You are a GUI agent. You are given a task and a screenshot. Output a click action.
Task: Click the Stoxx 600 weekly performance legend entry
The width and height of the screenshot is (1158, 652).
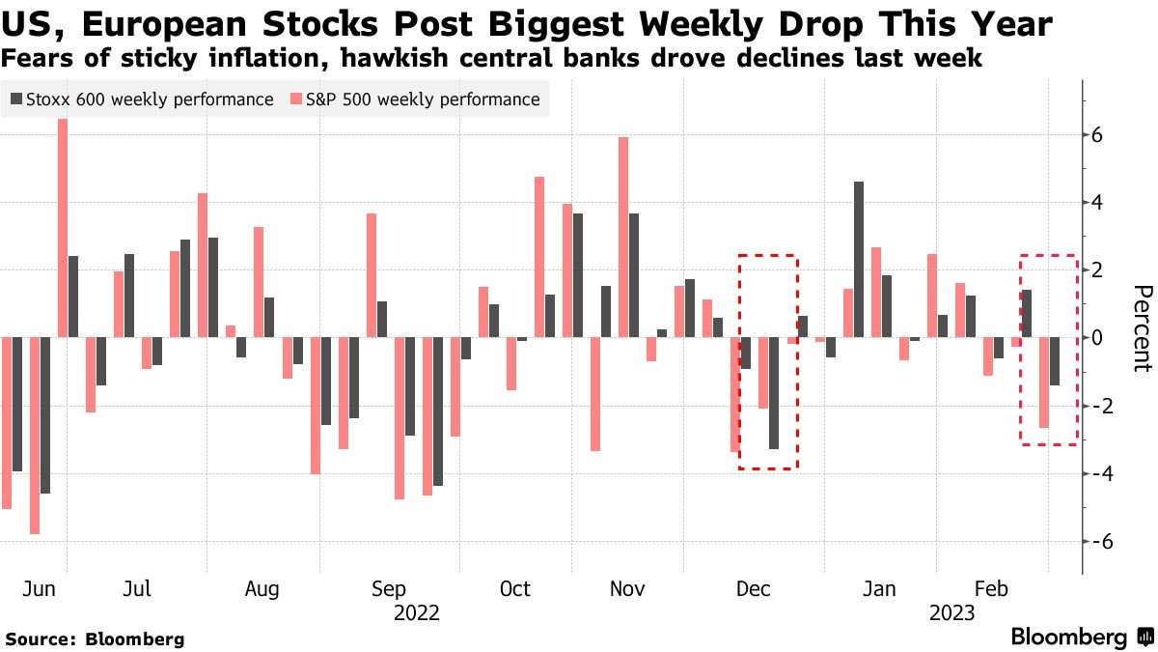141,99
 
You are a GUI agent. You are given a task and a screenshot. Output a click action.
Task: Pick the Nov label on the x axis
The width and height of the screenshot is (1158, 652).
628,589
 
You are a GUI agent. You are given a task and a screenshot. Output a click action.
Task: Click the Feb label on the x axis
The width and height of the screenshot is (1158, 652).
991,589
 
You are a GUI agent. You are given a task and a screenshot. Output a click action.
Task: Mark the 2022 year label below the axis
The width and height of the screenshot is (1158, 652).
417,613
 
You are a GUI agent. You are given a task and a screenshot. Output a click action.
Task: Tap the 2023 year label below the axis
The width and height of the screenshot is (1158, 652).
952,613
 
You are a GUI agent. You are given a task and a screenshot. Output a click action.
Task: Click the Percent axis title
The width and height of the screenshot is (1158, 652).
1142,328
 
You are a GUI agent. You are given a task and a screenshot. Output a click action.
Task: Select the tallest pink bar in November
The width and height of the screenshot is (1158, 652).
623,237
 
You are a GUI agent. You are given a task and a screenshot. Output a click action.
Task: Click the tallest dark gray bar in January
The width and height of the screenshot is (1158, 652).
859,259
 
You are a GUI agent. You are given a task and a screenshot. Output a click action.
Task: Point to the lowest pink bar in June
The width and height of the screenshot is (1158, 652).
35,436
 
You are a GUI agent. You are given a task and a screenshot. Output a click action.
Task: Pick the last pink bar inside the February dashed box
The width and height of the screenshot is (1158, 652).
1044,383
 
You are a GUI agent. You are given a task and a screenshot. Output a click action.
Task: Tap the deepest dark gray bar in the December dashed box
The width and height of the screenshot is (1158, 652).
773,393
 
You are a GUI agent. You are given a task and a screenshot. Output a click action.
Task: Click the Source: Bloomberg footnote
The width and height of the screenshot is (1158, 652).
95,638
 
